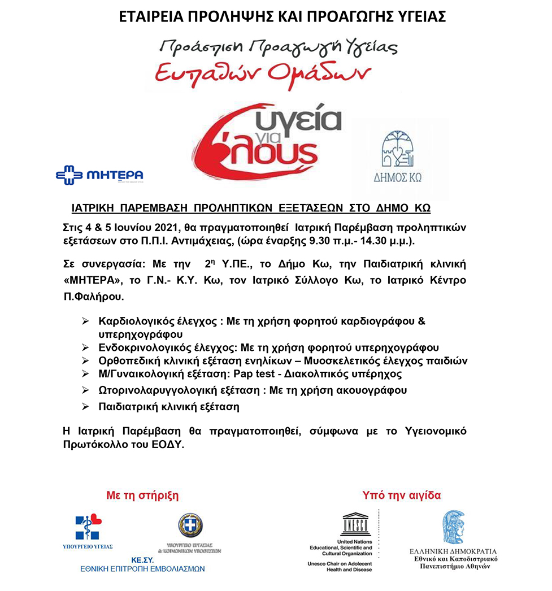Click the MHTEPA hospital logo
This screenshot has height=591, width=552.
[99, 175]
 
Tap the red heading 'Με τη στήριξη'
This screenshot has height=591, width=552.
[142, 496]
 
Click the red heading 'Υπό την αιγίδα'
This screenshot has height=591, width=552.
[402, 496]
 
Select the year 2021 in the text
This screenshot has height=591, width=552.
[164, 228]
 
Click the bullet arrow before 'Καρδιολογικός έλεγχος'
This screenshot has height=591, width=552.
[85, 321]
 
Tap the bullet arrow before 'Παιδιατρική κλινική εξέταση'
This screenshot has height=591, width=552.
[85, 406]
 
